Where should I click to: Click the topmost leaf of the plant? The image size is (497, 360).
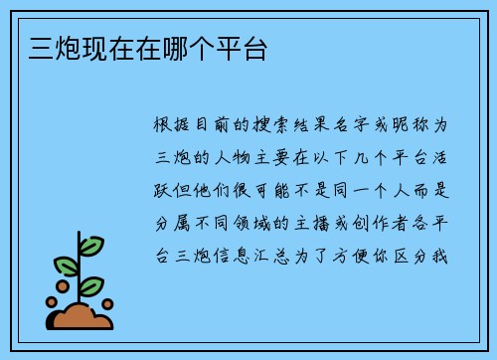[x=92, y=244]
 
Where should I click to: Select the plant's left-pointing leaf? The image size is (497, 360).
[x=67, y=266]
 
